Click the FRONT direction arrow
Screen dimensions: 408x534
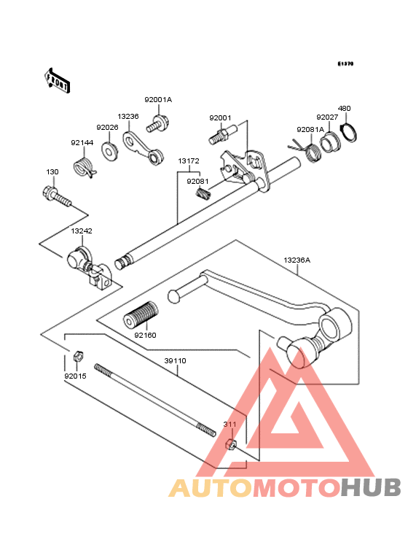pyautogui.click(x=57, y=80)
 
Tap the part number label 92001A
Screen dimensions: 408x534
pyautogui.click(x=158, y=100)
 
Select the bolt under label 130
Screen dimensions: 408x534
pyautogui.click(x=57, y=196)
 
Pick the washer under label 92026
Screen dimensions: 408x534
pyautogui.click(x=109, y=150)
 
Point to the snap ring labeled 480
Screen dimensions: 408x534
pyautogui.click(x=348, y=133)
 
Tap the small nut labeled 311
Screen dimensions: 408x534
pyautogui.click(x=231, y=444)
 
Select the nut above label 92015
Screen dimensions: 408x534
pyautogui.click(x=79, y=356)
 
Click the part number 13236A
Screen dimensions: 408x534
pyautogui.click(x=297, y=260)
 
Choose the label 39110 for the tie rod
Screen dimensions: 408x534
pyautogui.click(x=175, y=360)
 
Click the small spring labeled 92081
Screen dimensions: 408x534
pyautogui.click(x=203, y=196)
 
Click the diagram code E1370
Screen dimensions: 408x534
pyautogui.click(x=345, y=63)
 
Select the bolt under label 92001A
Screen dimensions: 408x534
pyautogui.click(x=158, y=124)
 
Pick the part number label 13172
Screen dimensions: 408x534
pyautogui.click(x=189, y=160)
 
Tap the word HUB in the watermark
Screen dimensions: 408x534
pyautogui.click(x=372, y=487)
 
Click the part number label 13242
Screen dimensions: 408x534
pyautogui.click(x=82, y=231)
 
